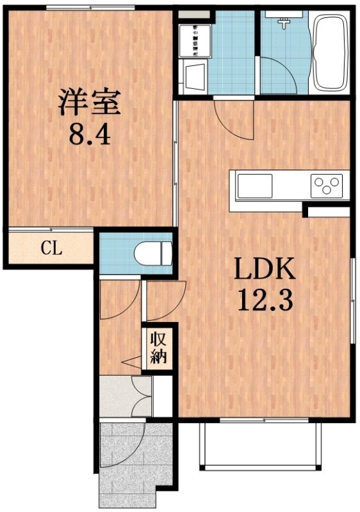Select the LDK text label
[x=265, y=271]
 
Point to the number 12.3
[x=265, y=300]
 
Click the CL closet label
[x=51, y=248]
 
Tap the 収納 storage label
[x=158, y=348]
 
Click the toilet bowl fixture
[x=154, y=253]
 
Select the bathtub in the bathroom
[x=329, y=54]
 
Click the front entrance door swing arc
[x=125, y=448]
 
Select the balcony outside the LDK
[x=259, y=445]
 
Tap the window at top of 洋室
[x=90, y=7]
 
